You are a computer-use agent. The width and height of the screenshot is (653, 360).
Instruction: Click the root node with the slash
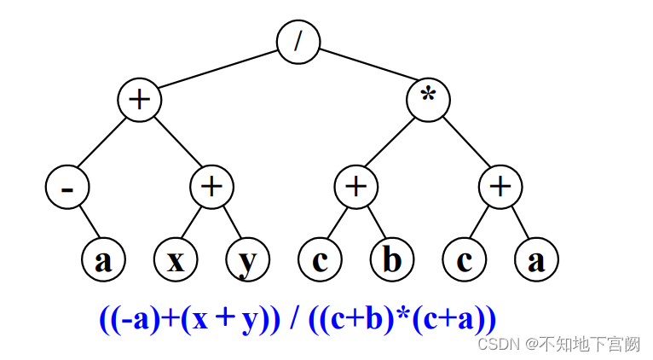(x=298, y=42)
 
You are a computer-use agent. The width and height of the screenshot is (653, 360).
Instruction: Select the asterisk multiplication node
(x=428, y=100)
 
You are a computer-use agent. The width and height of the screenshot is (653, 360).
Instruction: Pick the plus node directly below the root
(x=139, y=100)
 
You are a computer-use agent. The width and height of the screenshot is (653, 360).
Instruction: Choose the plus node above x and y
(x=211, y=187)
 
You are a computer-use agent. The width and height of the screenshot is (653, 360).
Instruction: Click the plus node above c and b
(x=355, y=187)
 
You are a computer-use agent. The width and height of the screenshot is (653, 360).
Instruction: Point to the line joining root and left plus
(x=218, y=71)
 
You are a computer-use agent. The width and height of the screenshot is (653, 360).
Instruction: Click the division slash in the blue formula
(x=293, y=320)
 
